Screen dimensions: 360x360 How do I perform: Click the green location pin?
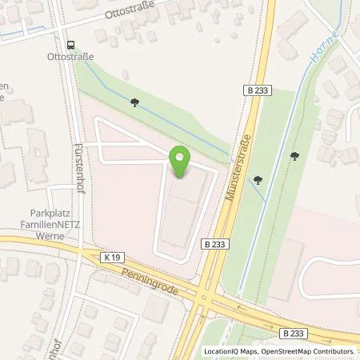pyautogui.click(x=181, y=162)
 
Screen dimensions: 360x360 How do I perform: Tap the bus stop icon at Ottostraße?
pyautogui.click(x=70, y=45)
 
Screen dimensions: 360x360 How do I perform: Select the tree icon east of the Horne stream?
pyautogui.click(x=294, y=156)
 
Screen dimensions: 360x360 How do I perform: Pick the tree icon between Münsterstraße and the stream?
pyautogui.click(x=258, y=180)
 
